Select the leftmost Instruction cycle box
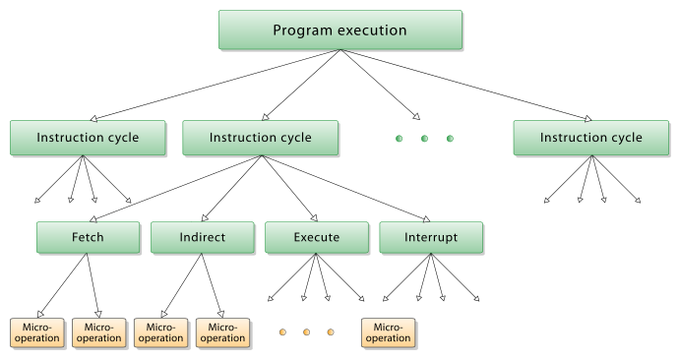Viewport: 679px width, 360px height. pyautogui.click(x=88, y=138)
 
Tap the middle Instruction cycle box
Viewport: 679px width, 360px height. pyautogui.click(x=260, y=138)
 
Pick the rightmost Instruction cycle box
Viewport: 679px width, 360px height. pyautogui.click(x=590, y=138)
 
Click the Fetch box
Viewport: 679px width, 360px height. pyautogui.click(x=88, y=237)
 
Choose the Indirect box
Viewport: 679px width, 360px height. pyautogui.click(x=202, y=237)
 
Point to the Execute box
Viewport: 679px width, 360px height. pyautogui.click(x=316, y=237)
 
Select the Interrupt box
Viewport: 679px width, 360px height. pyautogui.click(x=431, y=237)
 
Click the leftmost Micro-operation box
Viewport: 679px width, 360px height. pyautogui.click(x=36, y=332)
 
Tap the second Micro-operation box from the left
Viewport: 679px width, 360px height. pyautogui.click(x=98, y=332)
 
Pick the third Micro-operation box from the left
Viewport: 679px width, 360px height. pyautogui.click(x=160, y=332)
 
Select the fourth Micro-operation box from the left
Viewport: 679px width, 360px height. pyautogui.click(x=222, y=332)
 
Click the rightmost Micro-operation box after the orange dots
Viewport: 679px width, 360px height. pyautogui.click(x=388, y=332)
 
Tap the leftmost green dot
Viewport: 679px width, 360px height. pyautogui.click(x=399, y=139)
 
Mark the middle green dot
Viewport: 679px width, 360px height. pyautogui.click(x=424, y=139)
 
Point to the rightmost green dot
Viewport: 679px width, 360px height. pyautogui.click(x=450, y=139)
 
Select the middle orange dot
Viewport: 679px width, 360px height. pyautogui.click(x=305, y=332)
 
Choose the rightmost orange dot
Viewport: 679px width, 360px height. pyautogui.click(x=331, y=332)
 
